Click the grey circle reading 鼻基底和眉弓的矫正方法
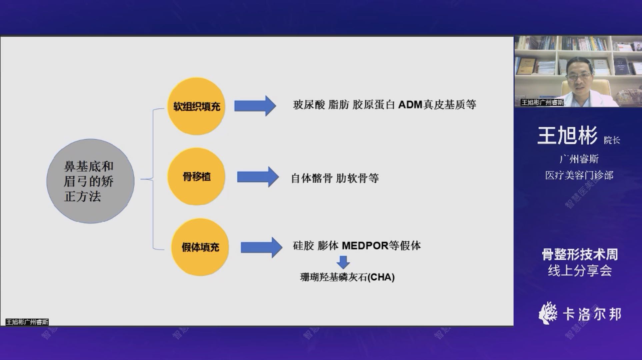pyautogui.click(x=90, y=181)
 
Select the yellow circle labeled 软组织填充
pyautogui.click(x=196, y=106)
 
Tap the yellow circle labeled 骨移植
pyautogui.click(x=196, y=176)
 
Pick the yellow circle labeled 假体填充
pyautogui.click(x=200, y=247)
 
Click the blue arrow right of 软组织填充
pyautogui.click(x=255, y=106)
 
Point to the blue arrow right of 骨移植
pyautogui.click(x=258, y=177)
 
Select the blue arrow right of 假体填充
pyautogui.click(x=261, y=247)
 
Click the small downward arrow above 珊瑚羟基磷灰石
pyautogui.click(x=343, y=262)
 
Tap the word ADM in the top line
pyautogui.click(x=410, y=105)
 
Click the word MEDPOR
pyautogui.click(x=365, y=246)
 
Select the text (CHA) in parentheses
pyautogui.click(x=381, y=277)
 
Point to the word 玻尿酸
pyautogui.click(x=309, y=105)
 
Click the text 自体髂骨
pyautogui.click(x=312, y=178)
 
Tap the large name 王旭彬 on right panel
pyautogui.click(x=567, y=136)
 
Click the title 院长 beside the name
pyautogui.click(x=612, y=140)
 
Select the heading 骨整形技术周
pyautogui.click(x=580, y=255)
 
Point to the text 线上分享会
pyautogui.click(x=580, y=270)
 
